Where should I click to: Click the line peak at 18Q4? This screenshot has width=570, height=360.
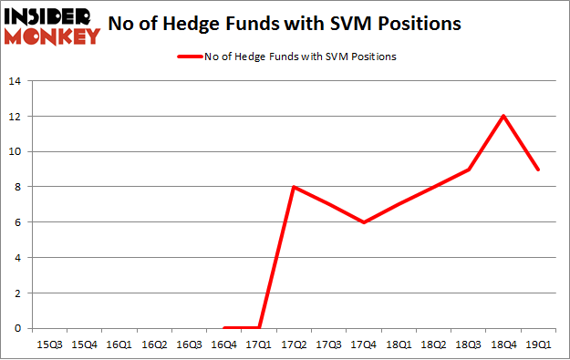[503, 116]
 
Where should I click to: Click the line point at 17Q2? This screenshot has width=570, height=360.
[293, 187]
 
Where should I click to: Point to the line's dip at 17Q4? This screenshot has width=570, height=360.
[363, 222]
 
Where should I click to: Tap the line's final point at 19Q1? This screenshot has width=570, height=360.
[538, 169]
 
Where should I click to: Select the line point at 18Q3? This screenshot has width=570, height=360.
[468, 169]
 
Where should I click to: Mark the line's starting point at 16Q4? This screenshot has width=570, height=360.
[223, 328]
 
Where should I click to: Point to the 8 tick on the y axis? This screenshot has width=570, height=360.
[16, 187]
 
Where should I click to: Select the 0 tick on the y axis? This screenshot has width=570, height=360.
[16, 329]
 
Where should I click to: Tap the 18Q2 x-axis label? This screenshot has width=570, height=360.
[433, 345]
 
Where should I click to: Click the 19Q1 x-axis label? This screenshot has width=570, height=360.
[538, 345]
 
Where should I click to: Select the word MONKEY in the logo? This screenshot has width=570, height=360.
[53, 36]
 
